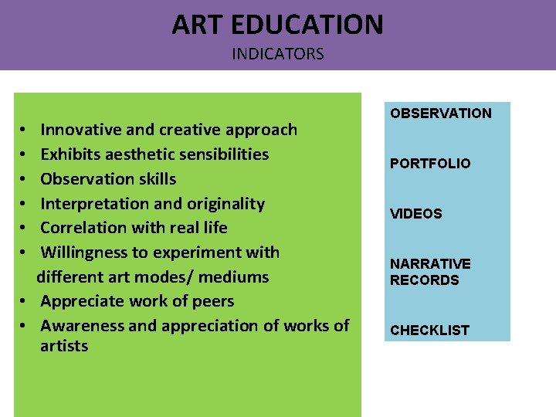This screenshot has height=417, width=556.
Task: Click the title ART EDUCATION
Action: (x=277, y=25)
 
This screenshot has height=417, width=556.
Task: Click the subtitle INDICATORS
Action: (x=277, y=54)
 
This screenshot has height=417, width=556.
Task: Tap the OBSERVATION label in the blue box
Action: (x=440, y=114)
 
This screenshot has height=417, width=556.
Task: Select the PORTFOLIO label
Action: (x=430, y=164)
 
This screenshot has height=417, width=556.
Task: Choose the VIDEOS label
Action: (x=416, y=214)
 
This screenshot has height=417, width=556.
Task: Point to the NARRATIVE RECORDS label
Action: (x=430, y=272)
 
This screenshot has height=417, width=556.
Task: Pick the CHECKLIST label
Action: (x=429, y=331)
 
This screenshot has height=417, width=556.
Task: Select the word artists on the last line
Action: (x=64, y=346)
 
